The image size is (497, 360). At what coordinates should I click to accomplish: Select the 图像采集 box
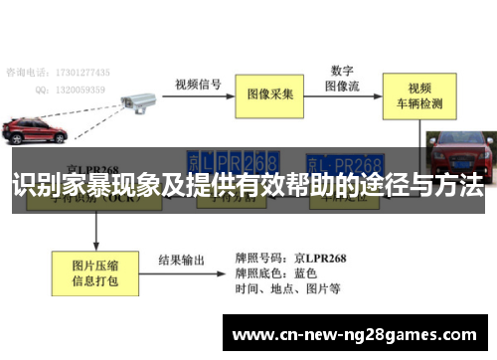(270, 93)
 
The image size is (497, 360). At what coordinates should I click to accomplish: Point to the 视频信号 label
(198, 84)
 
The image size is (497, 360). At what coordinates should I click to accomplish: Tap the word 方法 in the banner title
(457, 185)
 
